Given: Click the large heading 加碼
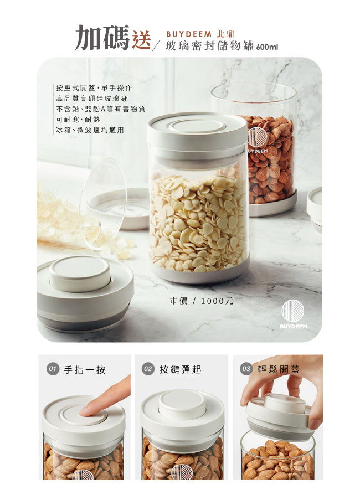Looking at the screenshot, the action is coord(102,38).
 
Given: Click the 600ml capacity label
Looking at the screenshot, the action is coord(267,47).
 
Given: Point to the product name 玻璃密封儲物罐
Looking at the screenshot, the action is coord(210,46).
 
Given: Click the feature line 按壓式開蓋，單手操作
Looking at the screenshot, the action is coord(94,87).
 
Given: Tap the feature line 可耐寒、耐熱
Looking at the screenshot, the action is coord(78,119).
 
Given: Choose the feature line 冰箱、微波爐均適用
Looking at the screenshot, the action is coord(90,130).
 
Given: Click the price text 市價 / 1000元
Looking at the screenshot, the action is coord(202,301).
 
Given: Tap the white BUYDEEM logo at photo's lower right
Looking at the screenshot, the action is coord(293,315).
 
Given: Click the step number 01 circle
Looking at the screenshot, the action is coord(53,369).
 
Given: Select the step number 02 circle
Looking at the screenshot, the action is coord(148,369).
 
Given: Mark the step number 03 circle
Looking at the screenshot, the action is coord(246,369).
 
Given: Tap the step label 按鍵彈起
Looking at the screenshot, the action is coord(181,369).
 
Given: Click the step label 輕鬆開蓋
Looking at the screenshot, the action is coord(279,369).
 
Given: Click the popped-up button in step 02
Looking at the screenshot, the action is coord(182,404).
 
